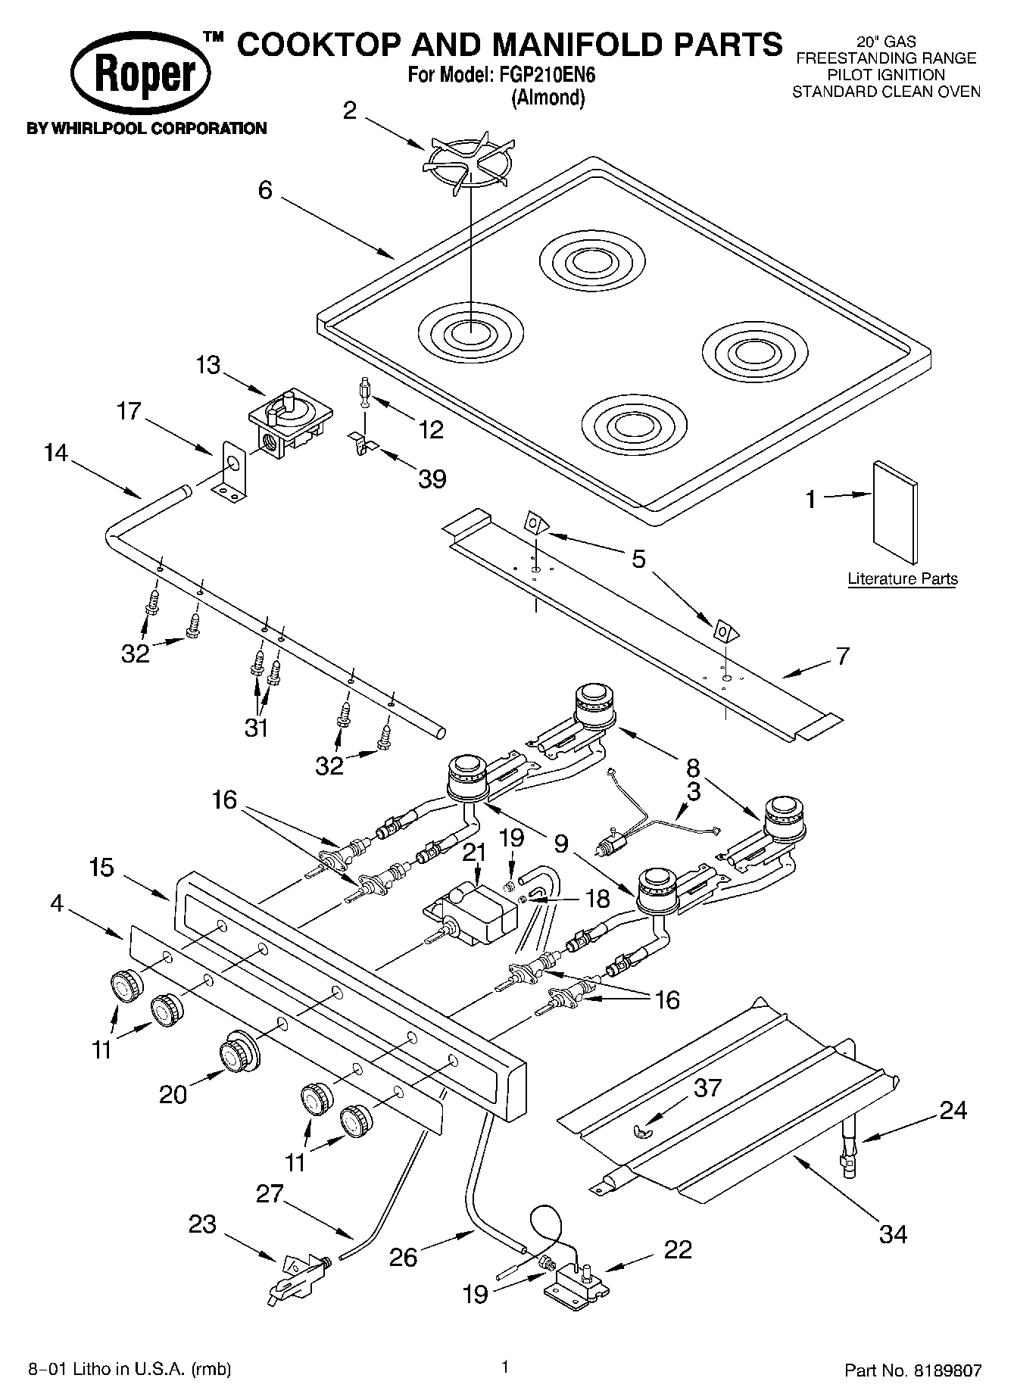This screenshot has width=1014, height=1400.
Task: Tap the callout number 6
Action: [265, 189]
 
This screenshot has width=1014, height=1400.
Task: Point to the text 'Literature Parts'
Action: [902, 579]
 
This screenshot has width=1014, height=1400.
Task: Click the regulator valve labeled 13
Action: [290, 423]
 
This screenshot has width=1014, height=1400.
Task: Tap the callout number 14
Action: [55, 453]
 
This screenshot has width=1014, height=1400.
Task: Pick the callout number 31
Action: [257, 728]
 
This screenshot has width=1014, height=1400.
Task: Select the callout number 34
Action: [894, 1233]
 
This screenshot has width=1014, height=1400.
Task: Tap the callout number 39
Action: [432, 479]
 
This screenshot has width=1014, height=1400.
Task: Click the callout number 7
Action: [842, 655]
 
